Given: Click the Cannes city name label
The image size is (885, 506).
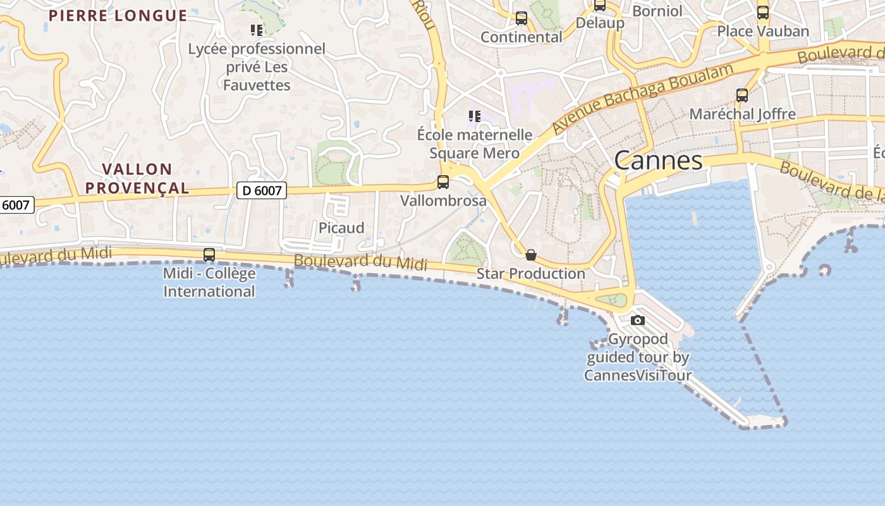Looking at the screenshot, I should click(658, 161).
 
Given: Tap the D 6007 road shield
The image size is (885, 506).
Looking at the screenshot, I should click(262, 190).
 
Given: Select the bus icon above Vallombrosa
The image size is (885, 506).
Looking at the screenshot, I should click(443, 182).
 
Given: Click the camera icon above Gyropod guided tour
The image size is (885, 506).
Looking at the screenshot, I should click(638, 320).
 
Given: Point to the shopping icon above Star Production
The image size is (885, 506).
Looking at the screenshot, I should click(531, 255).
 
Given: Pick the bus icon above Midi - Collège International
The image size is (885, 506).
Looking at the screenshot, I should click(209, 255).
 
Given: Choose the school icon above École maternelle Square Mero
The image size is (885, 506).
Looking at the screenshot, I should click(475, 116).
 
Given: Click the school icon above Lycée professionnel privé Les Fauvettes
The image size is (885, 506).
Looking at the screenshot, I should click(257, 30).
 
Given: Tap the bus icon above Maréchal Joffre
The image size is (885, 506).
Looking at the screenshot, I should click(742, 96).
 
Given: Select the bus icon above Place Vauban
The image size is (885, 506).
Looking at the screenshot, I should click(763, 13).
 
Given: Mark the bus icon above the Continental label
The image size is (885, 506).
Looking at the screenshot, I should click(522, 18).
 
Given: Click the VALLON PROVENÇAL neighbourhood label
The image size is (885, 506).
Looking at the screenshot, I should click(137, 178).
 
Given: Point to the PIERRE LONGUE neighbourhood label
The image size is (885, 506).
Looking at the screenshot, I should click(118, 16).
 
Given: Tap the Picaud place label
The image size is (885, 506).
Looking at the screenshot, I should click(341, 228).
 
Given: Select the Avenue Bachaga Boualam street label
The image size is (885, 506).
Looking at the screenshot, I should click(643, 98).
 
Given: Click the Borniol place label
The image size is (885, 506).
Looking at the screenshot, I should click(657, 11).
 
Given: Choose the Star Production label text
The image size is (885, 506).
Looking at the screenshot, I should click(531, 273).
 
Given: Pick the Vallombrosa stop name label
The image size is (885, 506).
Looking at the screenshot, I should click(444, 201).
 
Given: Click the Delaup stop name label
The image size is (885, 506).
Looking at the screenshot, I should click(600, 23).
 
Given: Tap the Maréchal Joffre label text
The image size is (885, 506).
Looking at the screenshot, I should click(742, 114).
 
